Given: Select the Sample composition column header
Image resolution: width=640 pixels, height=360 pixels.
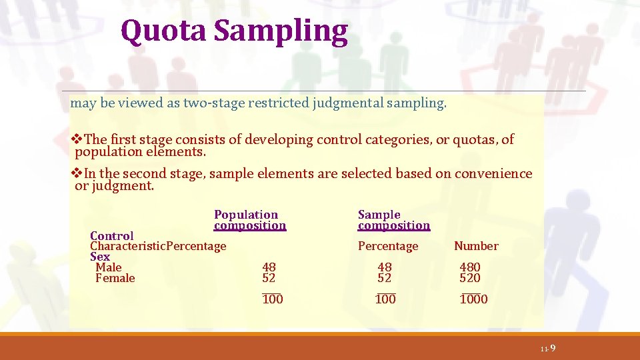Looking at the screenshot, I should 393,220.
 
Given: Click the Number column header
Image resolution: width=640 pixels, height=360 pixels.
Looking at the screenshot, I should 476,246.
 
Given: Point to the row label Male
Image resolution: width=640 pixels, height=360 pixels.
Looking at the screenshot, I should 109,267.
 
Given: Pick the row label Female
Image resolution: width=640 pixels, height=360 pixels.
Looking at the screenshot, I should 115,278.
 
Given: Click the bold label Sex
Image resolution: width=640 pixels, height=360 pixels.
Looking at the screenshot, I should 100,257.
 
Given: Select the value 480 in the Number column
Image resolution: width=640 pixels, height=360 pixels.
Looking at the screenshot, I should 470,267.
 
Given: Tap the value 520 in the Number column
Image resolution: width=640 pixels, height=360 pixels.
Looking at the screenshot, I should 470,278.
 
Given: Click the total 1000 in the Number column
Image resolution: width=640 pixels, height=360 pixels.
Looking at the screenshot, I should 474,299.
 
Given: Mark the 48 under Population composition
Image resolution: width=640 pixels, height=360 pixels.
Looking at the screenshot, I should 269,267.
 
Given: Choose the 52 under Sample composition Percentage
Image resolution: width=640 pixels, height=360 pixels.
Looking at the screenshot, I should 385,278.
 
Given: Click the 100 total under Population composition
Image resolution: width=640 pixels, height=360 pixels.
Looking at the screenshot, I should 273,299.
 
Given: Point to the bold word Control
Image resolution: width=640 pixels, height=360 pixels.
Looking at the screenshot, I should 111,236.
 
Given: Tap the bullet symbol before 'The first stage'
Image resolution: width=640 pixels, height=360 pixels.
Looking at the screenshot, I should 77,139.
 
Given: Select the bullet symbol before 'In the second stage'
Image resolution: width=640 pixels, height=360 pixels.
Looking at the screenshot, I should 77,174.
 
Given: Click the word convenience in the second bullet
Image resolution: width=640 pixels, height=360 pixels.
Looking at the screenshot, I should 493,174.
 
